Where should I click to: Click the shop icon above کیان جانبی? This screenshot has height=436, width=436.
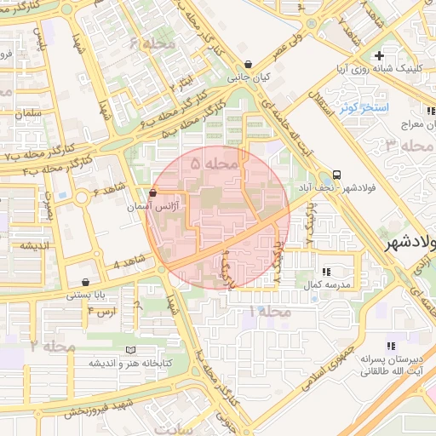pos(248,64)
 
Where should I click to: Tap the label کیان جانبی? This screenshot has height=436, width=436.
pos(249,77)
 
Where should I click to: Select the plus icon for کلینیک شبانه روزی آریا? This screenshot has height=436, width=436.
pos(391,55)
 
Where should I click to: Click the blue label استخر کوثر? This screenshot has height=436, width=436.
pos(364,108)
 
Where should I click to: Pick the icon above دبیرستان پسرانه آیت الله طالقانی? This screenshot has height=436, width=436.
pos(391,346)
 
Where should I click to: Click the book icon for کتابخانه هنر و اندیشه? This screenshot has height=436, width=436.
pos(129,350)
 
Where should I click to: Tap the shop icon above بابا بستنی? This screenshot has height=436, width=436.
pos(85,282)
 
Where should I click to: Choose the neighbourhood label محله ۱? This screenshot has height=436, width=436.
pos(270,312)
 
